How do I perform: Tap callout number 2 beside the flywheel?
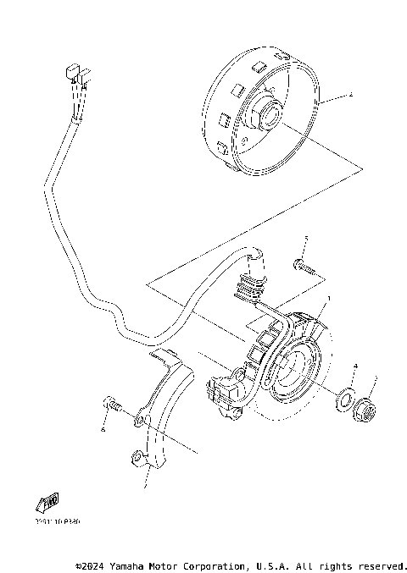pyautogui.click(x=349, y=97)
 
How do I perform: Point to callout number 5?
pyautogui.click(x=306, y=240)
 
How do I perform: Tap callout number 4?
pyautogui.click(x=356, y=366)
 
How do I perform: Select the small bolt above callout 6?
pyautogui.click(x=111, y=405)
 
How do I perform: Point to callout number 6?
pyautogui.click(x=102, y=430)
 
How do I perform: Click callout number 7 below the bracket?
pyautogui.click(x=144, y=486)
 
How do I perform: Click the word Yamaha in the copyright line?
pyautogui.click(x=131, y=565)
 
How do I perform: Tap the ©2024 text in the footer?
pyautogui.click(x=91, y=565)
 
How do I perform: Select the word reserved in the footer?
pyautogui.click(x=381, y=565)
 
